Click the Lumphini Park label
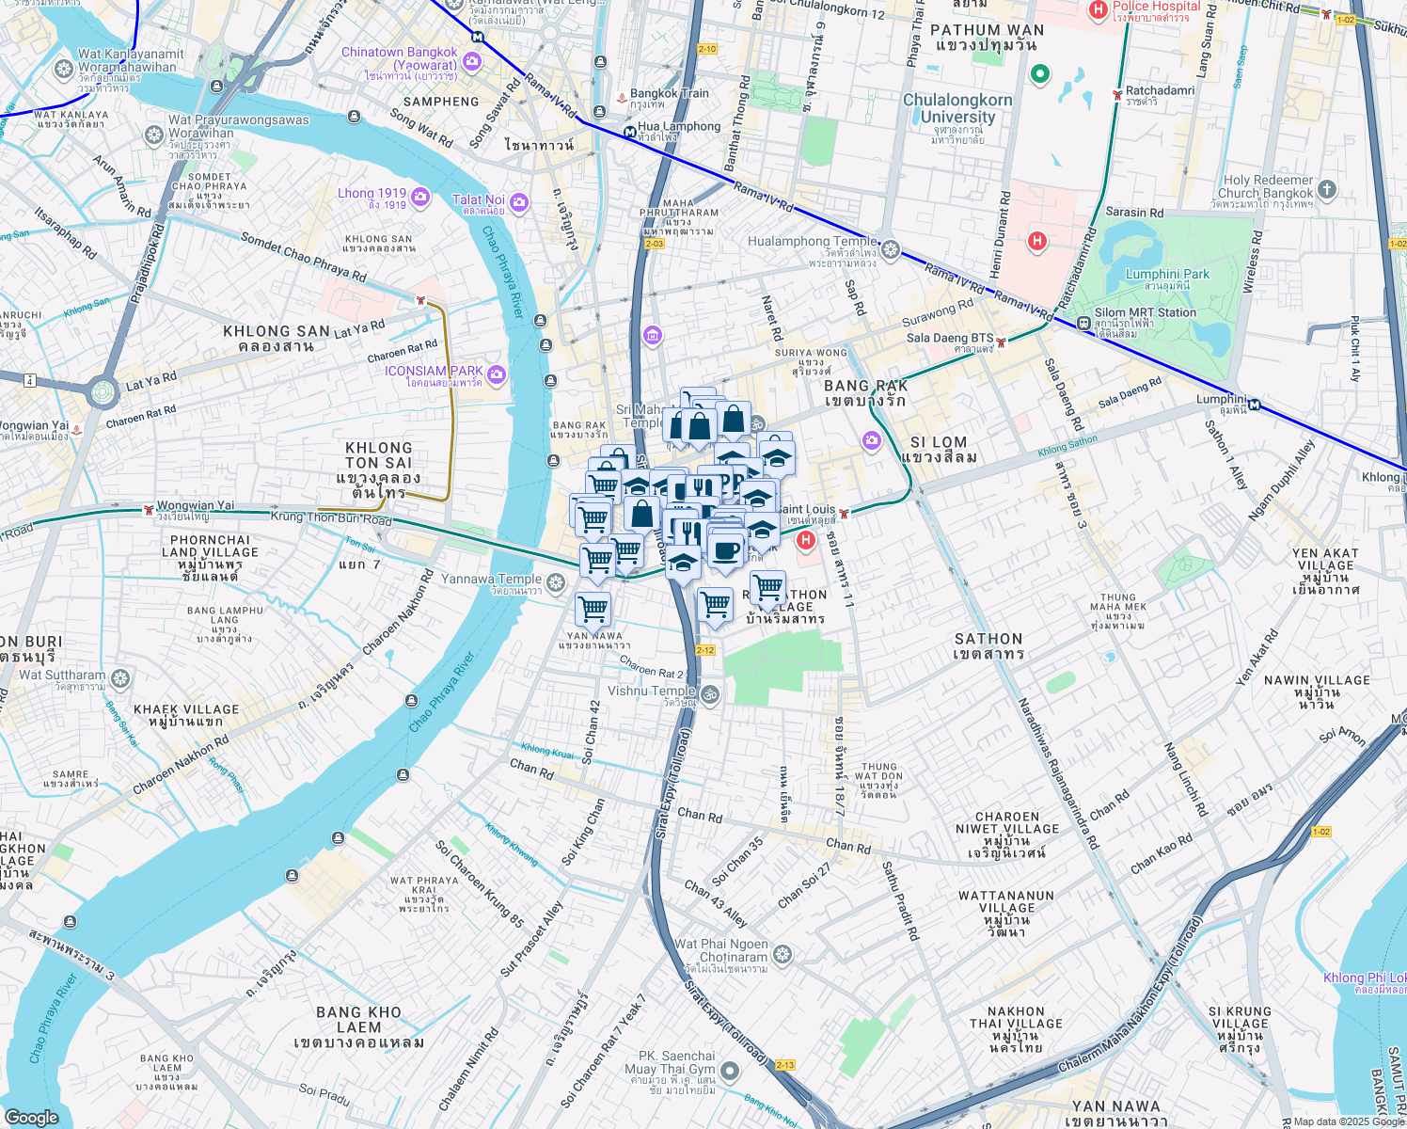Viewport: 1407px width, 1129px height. pyautogui.click(x=1167, y=278)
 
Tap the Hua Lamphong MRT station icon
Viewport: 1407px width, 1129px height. pyautogui.click(x=628, y=132)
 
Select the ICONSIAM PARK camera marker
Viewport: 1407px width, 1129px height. pyautogui.click(x=497, y=375)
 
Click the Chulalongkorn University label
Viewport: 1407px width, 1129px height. pyautogui.click(x=957, y=108)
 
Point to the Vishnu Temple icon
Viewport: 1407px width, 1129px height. pyautogui.click(x=711, y=695)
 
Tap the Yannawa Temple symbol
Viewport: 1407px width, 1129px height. pyautogui.click(x=556, y=584)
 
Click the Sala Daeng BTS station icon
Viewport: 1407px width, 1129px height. pyautogui.click(x=1002, y=342)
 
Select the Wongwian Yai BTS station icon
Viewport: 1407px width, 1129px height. pyautogui.click(x=148, y=510)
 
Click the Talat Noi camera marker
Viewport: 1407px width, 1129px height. pyautogui.click(x=518, y=203)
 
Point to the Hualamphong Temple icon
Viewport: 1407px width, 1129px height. pyautogui.click(x=891, y=249)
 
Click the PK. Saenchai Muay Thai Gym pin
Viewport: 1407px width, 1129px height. pyautogui.click(x=730, y=1070)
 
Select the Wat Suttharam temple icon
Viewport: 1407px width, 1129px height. pyautogui.click(x=120, y=678)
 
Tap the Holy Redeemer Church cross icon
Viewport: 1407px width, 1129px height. pyautogui.click(x=1326, y=189)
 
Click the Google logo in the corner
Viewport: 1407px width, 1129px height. pyautogui.click(x=31, y=1117)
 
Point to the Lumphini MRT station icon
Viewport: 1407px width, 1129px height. pyautogui.click(x=1254, y=405)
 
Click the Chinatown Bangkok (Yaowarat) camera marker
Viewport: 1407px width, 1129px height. pyautogui.click(x=472, y=62)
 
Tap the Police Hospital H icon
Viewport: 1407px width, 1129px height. pyautogui.click(x=1097, y=10)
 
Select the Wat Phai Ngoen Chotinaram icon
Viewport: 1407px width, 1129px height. pyautogui.click(x=783, y=956)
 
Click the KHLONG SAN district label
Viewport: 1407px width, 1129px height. pyautogui.click(x=276, y=338)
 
